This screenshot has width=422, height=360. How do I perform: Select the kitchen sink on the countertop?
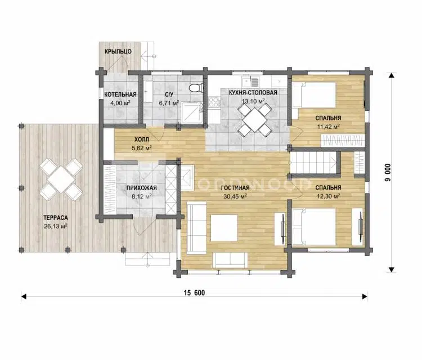(250, 80)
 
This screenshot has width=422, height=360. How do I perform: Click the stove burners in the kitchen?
(215, 102)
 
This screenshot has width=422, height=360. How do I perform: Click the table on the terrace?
(61, 179)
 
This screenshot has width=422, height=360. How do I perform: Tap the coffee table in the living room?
(224, 228)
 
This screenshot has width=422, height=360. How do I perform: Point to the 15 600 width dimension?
(194, 292)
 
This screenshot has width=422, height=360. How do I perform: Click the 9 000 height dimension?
(388, 172)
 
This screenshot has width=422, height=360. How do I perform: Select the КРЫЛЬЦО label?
(118, 51)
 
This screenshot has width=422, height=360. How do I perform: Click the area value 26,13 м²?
(56, 226)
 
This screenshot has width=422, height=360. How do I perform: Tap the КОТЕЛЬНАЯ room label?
(120, 94)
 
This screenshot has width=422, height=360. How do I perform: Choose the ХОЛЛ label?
(142, 139)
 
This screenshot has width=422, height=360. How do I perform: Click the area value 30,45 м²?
(235, 196)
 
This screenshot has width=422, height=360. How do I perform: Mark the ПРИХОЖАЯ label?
(142, 188)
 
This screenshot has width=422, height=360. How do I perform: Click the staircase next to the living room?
(314, 163)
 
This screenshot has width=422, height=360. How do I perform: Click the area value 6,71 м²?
(169, 103)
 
